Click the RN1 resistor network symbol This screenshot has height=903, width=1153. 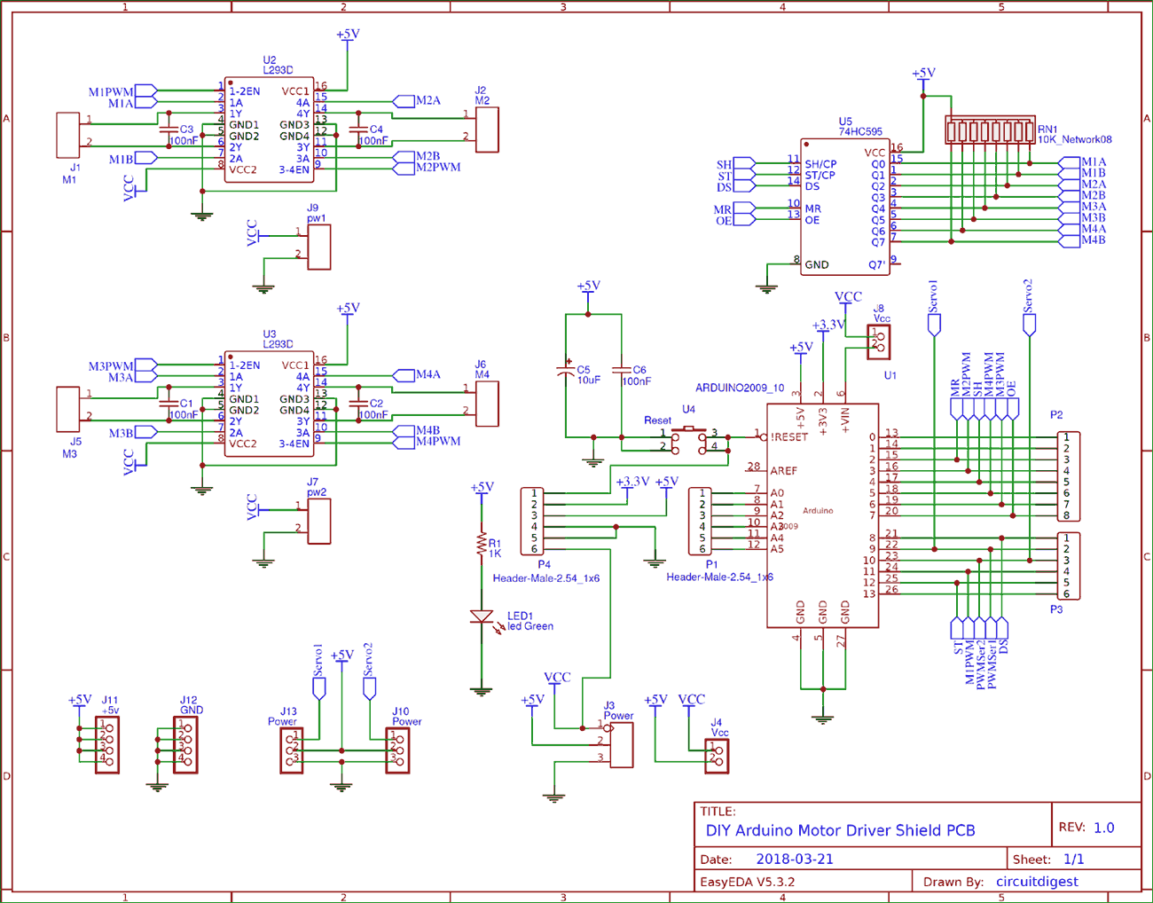click(990, 130)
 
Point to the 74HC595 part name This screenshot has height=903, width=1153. click(860, 131)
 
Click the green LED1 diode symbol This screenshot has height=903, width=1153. click(482, 616)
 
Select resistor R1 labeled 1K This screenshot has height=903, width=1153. click(482, 544)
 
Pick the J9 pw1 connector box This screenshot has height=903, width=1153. click(318, 247)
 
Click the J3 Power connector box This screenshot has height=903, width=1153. click(622, 744)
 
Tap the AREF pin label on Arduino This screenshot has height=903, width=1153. click(783, 471)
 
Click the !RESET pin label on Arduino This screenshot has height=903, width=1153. click(788, 436)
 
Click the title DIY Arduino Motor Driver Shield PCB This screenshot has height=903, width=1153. click(840, 830)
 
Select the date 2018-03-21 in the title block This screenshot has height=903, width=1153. click(794, 859)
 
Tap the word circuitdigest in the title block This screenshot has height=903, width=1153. click(1037, 882)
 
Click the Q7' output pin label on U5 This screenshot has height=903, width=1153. click(876, 264)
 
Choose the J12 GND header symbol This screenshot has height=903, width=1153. click(185, 745)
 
